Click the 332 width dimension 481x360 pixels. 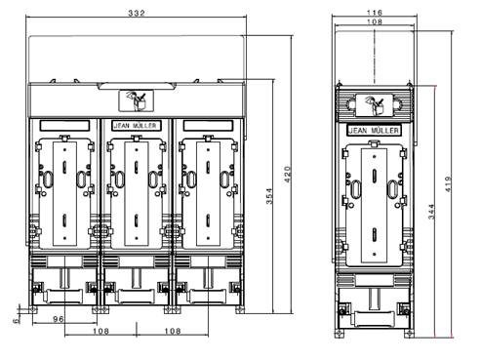137,13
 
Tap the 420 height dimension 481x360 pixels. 288,174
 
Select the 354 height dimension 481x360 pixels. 269,196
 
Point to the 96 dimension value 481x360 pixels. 59,319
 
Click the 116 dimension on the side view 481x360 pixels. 375,13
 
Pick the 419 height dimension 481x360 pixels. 449,184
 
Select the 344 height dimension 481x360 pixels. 431,212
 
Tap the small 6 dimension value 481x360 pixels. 16,321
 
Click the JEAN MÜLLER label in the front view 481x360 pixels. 135,126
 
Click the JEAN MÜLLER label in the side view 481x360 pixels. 374,131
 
